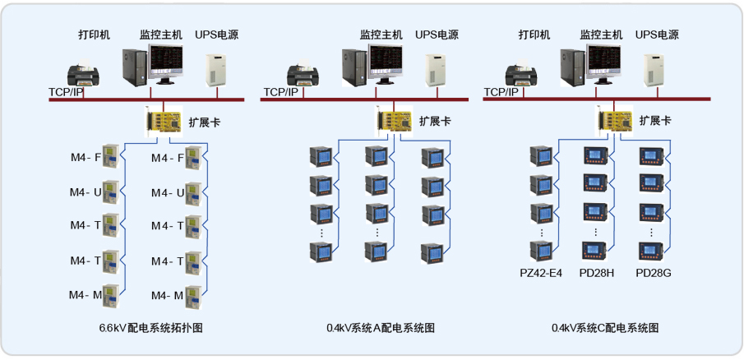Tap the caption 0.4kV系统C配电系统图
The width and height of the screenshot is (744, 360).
coord(605,328)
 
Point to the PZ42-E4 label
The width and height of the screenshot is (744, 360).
coord(541,272)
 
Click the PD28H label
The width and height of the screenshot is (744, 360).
coord(597,272)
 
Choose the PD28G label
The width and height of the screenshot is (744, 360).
coord(654,272)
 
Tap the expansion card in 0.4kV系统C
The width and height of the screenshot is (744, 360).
coord(614,122)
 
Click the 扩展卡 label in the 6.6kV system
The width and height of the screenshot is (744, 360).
coord(205,122)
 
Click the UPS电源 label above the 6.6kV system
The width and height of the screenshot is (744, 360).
coord(217,35)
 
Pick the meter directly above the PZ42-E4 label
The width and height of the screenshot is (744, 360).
coord(540,251)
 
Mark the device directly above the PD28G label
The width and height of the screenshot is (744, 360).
coord(652,251)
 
